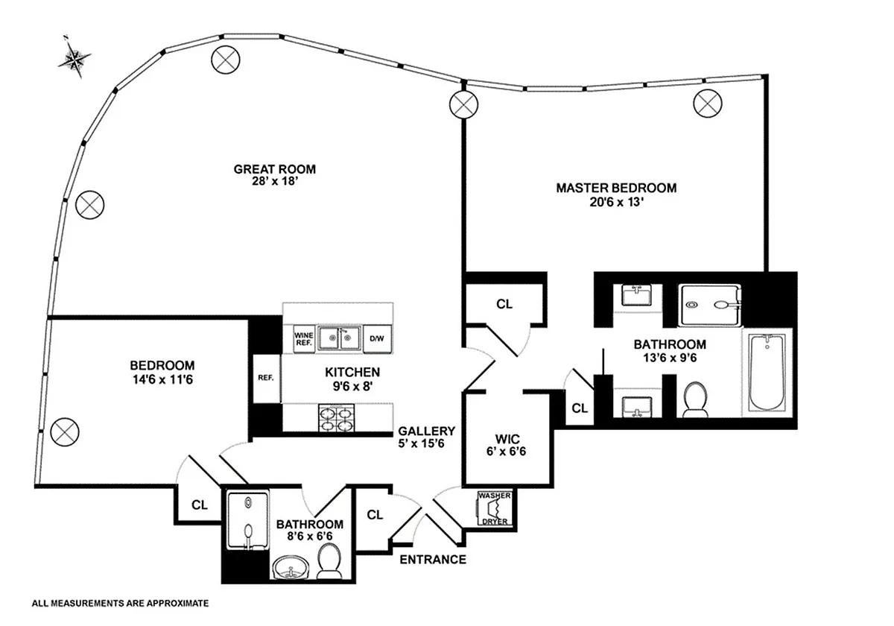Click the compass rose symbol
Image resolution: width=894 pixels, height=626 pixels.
74,58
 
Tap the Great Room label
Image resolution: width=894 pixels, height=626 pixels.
275,169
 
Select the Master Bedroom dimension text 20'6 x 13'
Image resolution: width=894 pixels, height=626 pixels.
617,202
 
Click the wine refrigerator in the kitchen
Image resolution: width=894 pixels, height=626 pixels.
304,339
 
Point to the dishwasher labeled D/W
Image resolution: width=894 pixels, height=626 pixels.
377,339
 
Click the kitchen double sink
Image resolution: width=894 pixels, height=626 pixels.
340,339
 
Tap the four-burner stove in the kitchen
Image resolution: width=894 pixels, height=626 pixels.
337,418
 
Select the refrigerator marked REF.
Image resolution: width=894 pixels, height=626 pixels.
267,378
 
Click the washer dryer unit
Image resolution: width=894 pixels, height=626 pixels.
495,508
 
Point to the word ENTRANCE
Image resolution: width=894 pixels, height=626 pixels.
433,560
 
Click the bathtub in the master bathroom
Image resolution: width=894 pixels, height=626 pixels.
767,372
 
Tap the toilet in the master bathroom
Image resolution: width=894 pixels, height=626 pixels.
695,399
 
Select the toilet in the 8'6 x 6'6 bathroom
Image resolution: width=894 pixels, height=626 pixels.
329,561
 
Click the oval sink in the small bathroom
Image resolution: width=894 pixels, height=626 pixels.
291,567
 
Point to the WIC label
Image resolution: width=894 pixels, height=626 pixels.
507,439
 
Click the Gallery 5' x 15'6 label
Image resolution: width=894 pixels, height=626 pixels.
426,437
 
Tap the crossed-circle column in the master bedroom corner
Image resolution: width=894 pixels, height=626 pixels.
708,104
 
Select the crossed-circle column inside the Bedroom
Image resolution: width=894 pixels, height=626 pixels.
65,432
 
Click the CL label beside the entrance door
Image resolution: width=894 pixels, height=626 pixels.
375,515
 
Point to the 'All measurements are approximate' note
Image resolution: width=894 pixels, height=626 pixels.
120,603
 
